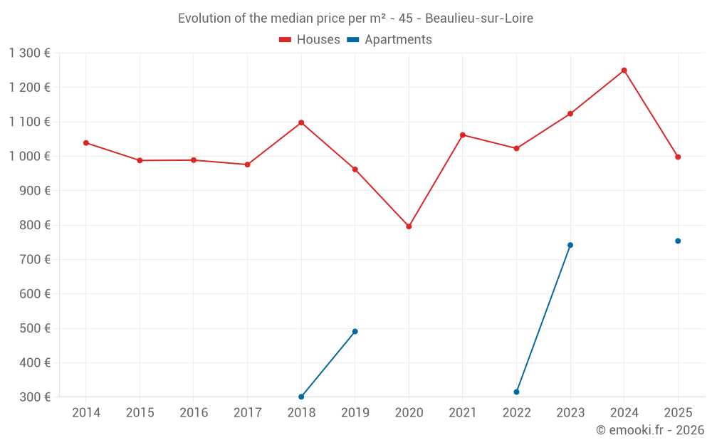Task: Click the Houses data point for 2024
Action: (x=624, y=70)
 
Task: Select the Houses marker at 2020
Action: (x=409, y=226)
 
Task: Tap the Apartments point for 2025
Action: (x=678, y=241)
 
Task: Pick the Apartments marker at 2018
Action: (x=301, y=397)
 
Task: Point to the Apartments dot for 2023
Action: (x=570, y=245)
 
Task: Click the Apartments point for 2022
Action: (x=516, y=392)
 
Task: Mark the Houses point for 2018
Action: (x=301, y=122)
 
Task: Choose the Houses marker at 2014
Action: (x=86, y=142)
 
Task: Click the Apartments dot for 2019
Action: (x=355, y=331)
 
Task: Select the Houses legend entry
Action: (x=310, y=40)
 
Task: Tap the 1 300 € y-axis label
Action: (x=30, y=53)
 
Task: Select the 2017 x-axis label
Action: (x=247, y=412)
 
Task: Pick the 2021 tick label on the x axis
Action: (x=463, y=412)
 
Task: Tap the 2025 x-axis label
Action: (x=678, y=412)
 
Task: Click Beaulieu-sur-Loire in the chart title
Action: (x=479, y=19)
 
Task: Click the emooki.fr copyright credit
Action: (x=650, y=430)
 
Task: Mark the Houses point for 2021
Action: (x=463, y=135)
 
